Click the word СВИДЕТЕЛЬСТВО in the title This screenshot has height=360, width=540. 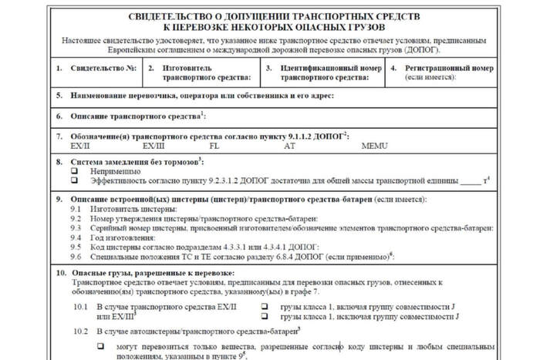(179, 17)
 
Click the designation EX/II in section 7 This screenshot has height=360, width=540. (80, 145)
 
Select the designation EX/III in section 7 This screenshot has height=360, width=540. (153, 145)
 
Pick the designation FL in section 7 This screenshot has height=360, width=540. (214, 145)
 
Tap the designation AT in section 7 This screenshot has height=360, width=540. (289, 145)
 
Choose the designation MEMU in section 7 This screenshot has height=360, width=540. (373, 145)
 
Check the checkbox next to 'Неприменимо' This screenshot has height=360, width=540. (75, 171)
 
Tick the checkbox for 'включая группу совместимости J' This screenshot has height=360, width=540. (264, 307)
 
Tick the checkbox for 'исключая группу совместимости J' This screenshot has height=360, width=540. (264, 316)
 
